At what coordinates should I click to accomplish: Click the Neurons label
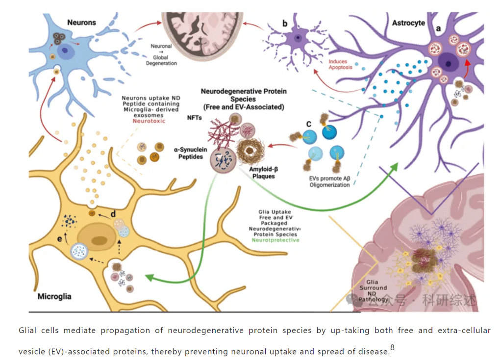(82, 22)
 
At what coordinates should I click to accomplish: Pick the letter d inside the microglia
(114, 213)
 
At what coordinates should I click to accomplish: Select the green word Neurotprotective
(275, 240)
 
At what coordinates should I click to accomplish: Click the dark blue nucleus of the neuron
(64, 51)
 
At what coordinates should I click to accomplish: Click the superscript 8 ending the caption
(392, 348)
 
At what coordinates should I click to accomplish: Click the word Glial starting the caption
(29, 331)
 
